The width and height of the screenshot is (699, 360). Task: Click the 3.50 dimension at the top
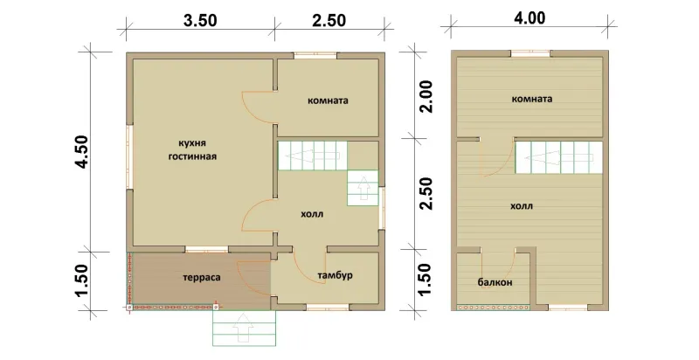(x=200, y=21)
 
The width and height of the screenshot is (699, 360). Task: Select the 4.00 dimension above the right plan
(x=529, y=17)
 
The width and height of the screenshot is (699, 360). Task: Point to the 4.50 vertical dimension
(x=83, y=151)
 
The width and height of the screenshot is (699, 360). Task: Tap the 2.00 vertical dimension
(x=426, y=96)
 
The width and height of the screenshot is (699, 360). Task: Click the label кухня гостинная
(x=192, y=149)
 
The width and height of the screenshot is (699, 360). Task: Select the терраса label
(x=202, y=278)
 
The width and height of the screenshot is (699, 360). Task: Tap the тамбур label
(x=335, y=276)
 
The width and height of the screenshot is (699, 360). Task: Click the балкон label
(x=495, y=282)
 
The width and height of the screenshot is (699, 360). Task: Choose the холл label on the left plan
(x=312, y=214)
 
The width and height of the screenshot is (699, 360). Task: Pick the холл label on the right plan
(x=522, y=206)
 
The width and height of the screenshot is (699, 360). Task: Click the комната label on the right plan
(x=532, y=99)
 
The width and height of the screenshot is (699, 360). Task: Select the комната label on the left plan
(x=328, y=100)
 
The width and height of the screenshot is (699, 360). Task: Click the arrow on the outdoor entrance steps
(x=244, y=328)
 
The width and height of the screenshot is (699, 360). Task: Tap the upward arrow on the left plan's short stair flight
(x=363, y=188)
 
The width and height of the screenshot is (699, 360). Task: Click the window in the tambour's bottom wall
(x=328, y=307)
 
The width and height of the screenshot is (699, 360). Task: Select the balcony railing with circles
(x=494, y=308)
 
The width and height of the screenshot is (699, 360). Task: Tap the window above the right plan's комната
(x=530, y=53)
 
